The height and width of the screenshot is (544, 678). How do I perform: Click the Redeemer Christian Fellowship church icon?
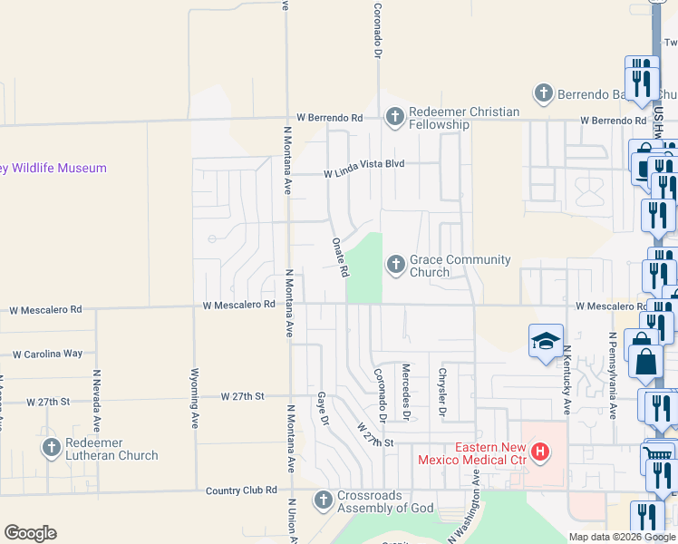(394, 117)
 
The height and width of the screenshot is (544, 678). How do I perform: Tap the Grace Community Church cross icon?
(394, 265)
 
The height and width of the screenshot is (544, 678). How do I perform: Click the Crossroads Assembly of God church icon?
(323, 500)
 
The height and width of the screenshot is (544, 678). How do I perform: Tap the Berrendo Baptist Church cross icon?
(543, 92)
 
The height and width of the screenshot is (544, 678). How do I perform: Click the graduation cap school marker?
(545, 341)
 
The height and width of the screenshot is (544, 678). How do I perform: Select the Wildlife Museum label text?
(53, 168)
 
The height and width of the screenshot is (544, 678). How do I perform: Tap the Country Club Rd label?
(241, 490)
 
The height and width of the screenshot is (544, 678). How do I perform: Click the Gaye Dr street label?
(321, 410)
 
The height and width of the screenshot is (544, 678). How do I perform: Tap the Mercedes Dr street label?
(406, 392)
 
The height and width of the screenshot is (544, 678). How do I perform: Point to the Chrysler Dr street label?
(443, 392)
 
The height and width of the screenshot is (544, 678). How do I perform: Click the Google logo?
(31, 533)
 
